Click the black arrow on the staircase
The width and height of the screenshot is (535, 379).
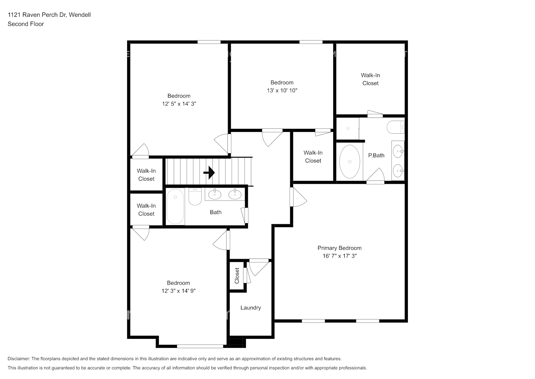pos(209,173)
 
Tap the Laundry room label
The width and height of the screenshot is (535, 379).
pos(250,308)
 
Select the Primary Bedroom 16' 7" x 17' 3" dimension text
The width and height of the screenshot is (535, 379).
pos(339,256)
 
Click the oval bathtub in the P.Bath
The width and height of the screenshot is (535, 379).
pos(350,161)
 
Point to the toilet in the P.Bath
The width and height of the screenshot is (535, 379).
pos(395,127)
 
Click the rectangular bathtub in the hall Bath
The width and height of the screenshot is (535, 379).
pos(175,207)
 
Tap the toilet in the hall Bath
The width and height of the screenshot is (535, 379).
pos(195,197)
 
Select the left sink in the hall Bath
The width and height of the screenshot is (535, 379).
pos(215,194)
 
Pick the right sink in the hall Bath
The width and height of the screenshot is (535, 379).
pos(235,194)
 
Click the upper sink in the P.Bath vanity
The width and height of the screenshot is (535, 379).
pos(398,151)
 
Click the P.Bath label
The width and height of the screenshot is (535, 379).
pos(376,155)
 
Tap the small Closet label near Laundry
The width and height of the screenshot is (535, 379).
pos(237,276)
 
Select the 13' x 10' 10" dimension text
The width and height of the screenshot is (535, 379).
pos(282,91)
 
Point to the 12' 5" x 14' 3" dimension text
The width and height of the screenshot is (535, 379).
pos(179,104)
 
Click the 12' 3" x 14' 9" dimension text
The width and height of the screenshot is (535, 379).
pos(178,291)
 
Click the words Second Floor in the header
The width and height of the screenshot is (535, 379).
pos(26,24)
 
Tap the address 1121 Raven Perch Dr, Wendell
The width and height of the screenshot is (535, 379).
pos(49,15)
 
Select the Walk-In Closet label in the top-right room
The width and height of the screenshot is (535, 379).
pos(370,79)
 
